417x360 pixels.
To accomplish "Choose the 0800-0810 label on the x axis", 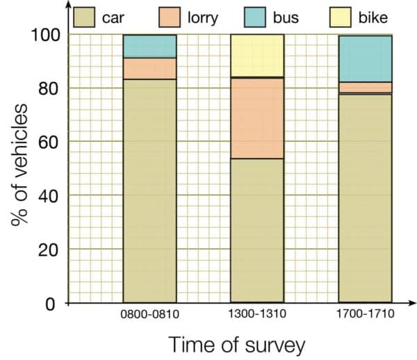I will click(x=149, y=314).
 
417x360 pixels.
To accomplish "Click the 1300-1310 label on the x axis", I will click(x=257, y=314).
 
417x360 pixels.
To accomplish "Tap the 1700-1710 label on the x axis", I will click(x=366, y=314).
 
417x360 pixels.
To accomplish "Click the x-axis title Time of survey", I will click(x=236, y=343).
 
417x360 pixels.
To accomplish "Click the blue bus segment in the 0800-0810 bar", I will click(x=149, y=46).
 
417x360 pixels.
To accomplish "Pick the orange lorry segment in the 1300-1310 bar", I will click(x=257, y=118).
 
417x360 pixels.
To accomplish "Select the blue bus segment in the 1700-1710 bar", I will click(x=365, y=58).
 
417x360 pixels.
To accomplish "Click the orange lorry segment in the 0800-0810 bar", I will click(x=149, y=68).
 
